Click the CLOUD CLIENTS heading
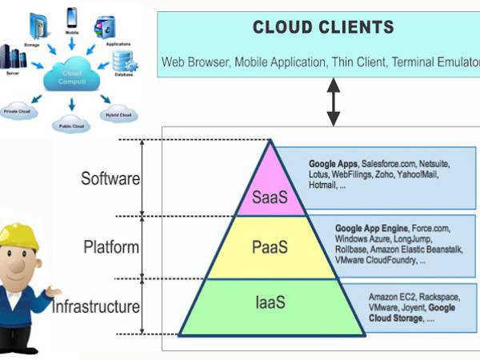(323, 28)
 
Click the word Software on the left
(110, 178)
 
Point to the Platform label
(111, 246)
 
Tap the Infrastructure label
(96, 306)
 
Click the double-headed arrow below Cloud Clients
(332, 102)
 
